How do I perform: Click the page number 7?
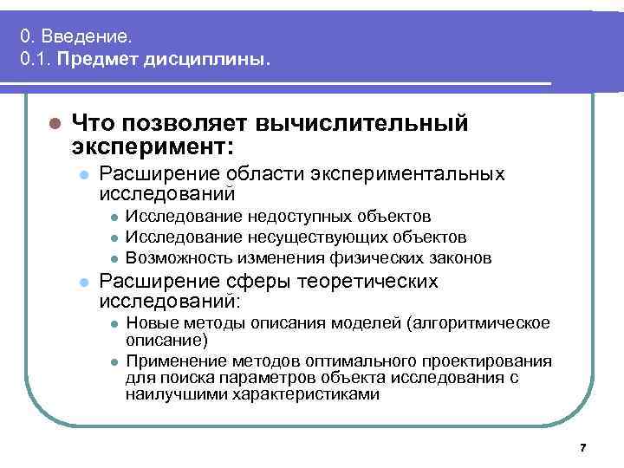pyautogui.click(x=582, y=447)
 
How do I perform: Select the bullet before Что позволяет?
pyautogui.click(x=54, y=124)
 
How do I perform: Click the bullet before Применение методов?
pyautogui.click(x=113, y=361)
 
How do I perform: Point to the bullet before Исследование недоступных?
pyautogui.click(x=113, y=216)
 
